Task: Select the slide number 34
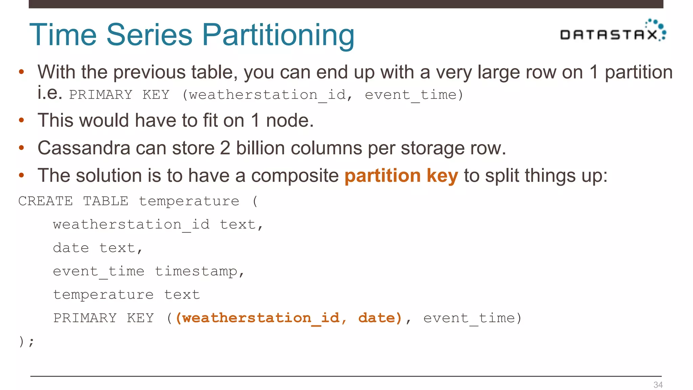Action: point(658,385)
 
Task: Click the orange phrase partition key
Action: point(401,176)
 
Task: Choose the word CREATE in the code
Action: point(45,201)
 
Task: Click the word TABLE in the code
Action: point(106,201)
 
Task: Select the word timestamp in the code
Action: point(196,271)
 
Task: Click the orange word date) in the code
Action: point(380,318)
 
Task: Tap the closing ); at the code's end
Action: point(26,341)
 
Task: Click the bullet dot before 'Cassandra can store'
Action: point(22,148)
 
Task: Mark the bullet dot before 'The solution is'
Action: point(22,175)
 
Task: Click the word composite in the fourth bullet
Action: point(295,176)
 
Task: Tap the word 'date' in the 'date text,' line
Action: point(71,248)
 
